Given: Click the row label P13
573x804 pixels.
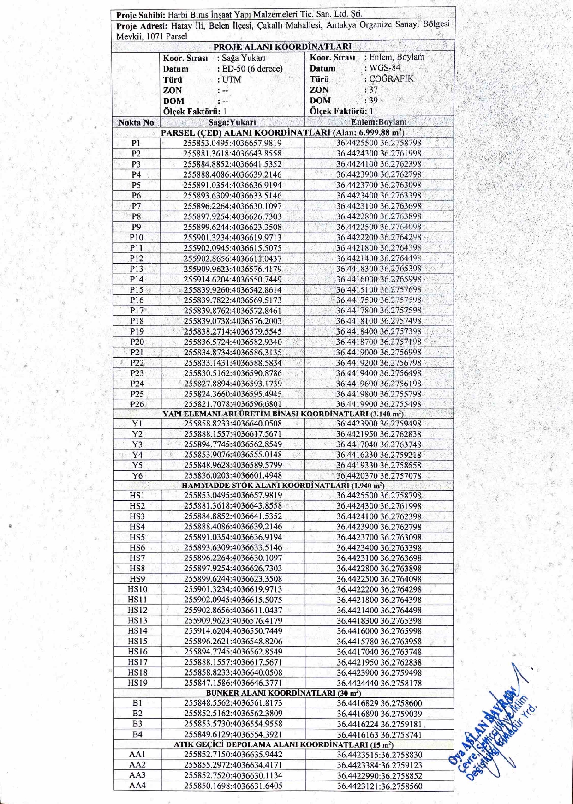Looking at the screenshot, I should [x=137, y=269].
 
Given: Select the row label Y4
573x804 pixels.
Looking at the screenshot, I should [x=137, y=455].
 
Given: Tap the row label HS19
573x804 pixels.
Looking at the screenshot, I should [x=137, y=683].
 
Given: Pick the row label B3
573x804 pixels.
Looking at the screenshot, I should [x=137, y=724].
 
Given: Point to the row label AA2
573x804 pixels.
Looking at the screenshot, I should [x=137, y=765].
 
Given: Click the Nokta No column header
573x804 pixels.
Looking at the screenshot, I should [x=136, y=122].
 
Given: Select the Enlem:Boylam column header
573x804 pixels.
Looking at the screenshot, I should [x=379, y=122].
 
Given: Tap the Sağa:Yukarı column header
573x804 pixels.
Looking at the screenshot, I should [x=232, y=122].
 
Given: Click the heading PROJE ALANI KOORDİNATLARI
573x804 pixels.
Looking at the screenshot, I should [x=282, y=47].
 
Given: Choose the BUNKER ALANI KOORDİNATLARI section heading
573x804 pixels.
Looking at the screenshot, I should [x=283, y=693].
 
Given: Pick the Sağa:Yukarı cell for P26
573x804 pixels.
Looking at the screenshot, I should [x=233, y=404].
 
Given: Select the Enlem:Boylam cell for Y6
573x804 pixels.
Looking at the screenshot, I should [x=378, y=475].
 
